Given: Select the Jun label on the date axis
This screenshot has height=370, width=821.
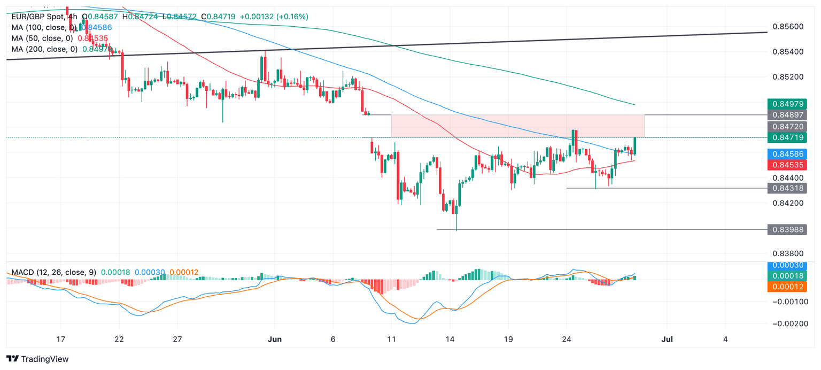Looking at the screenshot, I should click(x=274, y=339).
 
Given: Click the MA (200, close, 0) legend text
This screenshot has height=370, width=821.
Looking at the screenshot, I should click(x=45, y=49).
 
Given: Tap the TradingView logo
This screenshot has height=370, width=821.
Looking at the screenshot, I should click(x=37, y=359).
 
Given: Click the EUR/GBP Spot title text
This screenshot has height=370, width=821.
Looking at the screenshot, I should click(x=36, y=17).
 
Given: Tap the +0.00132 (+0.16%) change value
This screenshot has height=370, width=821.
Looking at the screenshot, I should click(x=274, y=17).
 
